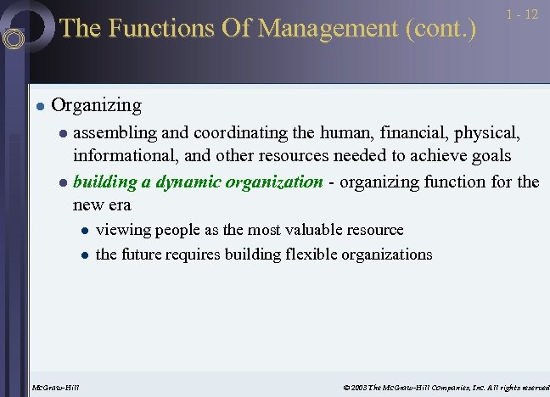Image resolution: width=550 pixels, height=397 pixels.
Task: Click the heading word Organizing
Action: [x=97, y=106]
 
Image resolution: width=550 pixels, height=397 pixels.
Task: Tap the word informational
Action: [x=126, y=156]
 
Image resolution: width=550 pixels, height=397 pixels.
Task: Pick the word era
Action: [x=119, y=204]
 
